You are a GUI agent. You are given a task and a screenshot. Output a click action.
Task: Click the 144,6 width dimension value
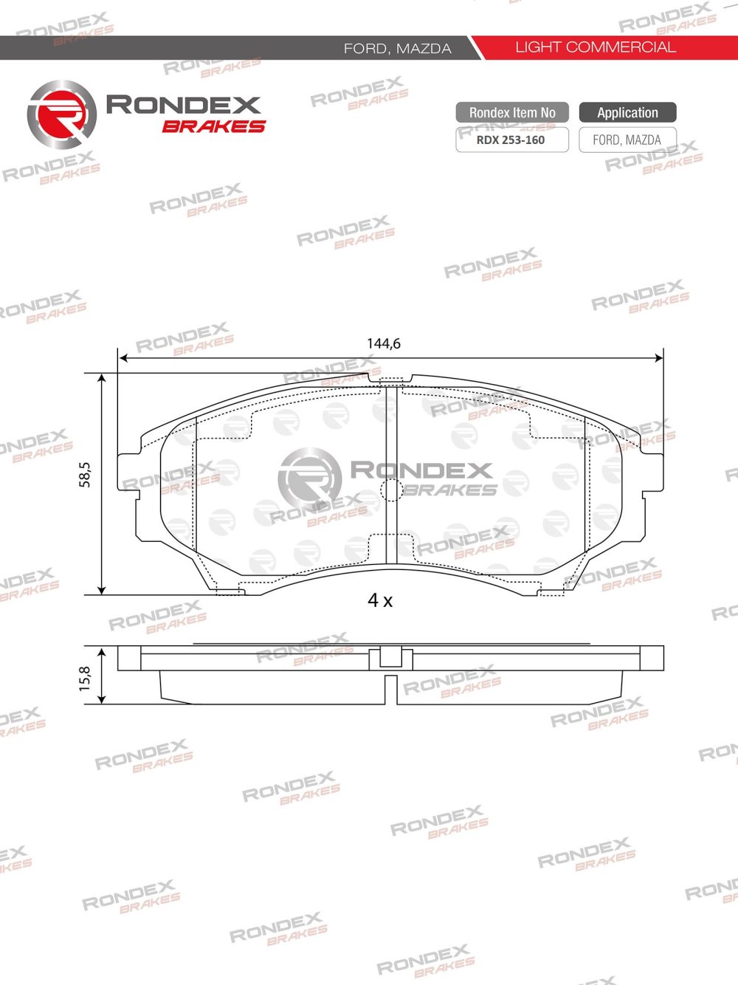point(383,343)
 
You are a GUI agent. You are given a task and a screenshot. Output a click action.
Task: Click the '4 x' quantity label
point(380,600)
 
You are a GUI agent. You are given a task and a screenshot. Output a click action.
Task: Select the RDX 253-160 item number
point(511,140)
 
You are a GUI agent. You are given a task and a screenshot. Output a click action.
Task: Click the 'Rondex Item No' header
point(512,113)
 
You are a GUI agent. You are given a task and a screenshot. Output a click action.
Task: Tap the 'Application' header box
point(627,113)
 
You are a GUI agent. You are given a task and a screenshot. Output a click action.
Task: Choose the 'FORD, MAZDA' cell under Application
point(627,140)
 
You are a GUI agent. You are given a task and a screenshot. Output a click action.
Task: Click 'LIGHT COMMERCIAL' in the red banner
point(595,47)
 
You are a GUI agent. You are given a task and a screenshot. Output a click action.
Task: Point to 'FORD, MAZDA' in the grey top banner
point(397,49)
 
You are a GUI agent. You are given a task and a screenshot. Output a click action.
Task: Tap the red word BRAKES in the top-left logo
point(213,126)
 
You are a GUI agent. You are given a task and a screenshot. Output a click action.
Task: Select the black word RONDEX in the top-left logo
point(183,105)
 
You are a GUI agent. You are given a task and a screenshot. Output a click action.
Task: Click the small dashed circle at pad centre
point(390,488)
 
